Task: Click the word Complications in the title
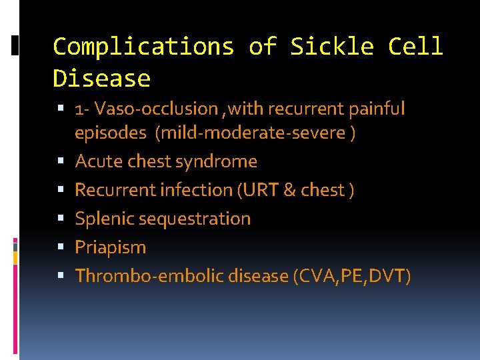[x=143, y=47]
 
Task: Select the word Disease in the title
[x=101, y=79]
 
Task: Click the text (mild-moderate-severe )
[x=255, y=133]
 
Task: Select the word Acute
[x=97, y=161]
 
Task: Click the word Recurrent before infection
[x=115, y=190]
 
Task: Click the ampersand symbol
[x=289, y=190]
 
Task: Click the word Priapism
[x=110, y=247]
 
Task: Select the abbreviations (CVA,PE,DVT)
[x=352, y=276]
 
